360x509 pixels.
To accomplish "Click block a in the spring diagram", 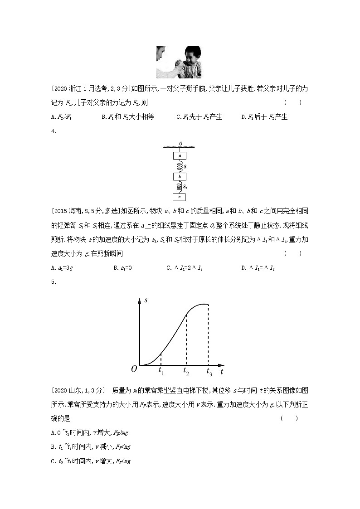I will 180,155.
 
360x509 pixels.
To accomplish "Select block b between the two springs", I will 180,176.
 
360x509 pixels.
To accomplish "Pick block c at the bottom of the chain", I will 180,197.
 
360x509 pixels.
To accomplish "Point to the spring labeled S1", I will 180,166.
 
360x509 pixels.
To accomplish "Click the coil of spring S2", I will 180,186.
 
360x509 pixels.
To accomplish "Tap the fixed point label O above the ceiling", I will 180,143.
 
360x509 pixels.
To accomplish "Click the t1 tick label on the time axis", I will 161,371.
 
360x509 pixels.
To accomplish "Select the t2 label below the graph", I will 186,371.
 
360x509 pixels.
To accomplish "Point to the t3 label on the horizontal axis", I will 209,372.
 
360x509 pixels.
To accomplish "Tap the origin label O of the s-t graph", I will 134,369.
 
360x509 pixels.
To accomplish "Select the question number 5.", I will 54,281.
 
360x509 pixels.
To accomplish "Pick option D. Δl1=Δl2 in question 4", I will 258,267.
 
